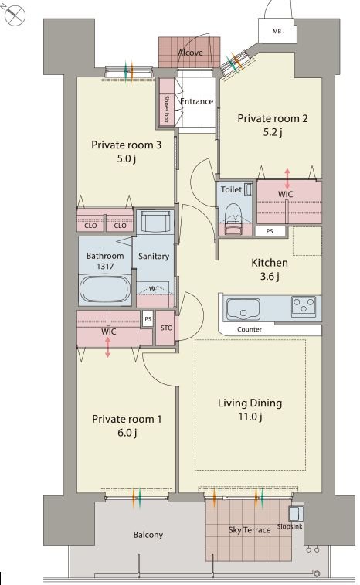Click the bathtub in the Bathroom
point(105,289)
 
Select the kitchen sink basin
point(243,309)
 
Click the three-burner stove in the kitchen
point(304,306)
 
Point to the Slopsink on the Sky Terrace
point(296,513)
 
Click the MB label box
point(277,32)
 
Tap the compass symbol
point(15,15)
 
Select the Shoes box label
point(166,108)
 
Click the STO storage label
point(166,328)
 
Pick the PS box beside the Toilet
point(270,231)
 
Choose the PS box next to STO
point(148,319)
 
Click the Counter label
point(250,329)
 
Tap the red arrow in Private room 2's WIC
point(287,179)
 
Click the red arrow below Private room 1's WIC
point(107,347)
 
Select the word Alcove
point(191,53)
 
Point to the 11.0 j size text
point(250,417)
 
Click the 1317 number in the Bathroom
point(105,267)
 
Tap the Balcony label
point(148,535)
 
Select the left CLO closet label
point(90,226)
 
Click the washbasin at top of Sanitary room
point(155,223)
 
